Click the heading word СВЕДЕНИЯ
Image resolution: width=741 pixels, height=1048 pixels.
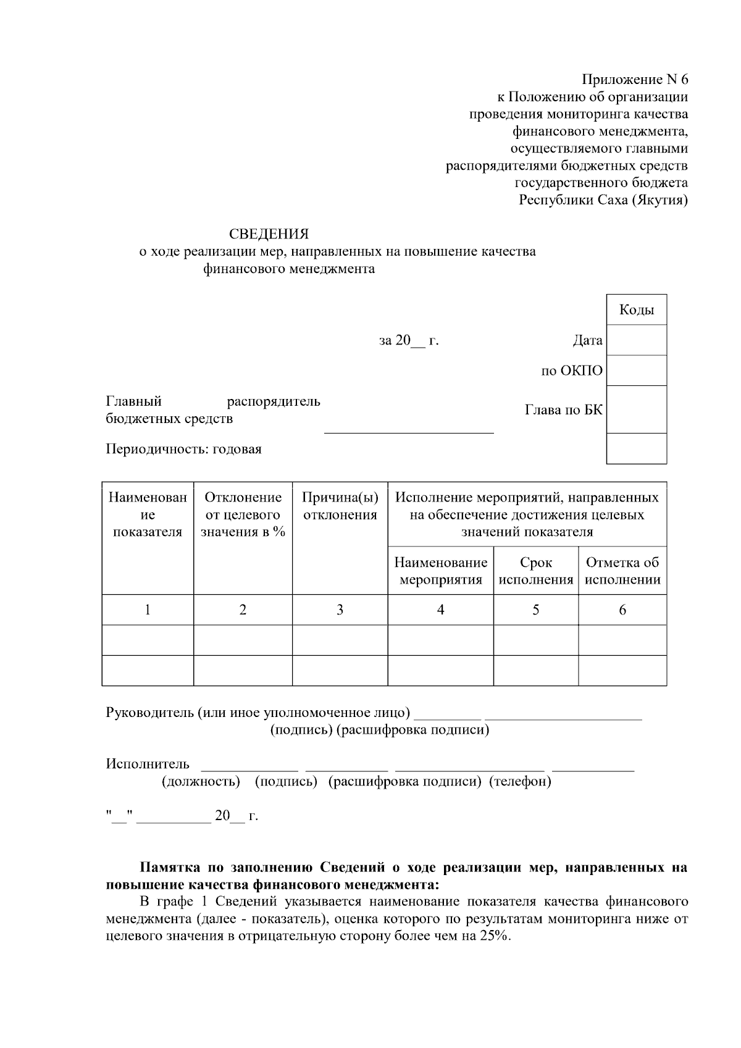269,235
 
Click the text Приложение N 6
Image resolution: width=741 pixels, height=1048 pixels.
635,80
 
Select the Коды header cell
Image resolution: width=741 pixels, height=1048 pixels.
637,310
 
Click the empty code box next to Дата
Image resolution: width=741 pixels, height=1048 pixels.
637,340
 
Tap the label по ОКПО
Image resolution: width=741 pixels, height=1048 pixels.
572,371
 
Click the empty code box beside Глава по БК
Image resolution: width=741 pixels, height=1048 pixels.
637,409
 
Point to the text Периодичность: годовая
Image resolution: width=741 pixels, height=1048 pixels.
184,449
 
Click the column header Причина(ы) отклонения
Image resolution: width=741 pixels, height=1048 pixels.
340,506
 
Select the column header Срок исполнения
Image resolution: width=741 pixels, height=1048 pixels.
535,571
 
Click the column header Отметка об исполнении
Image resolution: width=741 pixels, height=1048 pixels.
622,571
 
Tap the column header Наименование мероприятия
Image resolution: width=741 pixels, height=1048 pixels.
440,571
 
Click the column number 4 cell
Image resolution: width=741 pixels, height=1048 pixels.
440,610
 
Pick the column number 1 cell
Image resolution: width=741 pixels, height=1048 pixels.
148,610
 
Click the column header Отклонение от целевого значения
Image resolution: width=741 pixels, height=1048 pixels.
243,514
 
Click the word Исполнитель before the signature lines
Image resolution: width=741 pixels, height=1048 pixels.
148,765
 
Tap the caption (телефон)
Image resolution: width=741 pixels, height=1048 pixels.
520,782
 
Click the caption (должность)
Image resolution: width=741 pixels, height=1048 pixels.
201,782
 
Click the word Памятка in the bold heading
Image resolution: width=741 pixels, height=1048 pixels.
167,868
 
